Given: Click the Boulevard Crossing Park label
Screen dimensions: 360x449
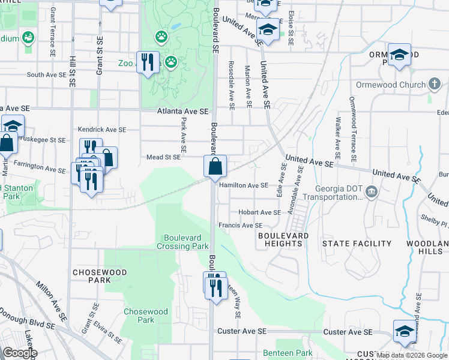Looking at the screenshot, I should pyautogui.click(x=182, y=242).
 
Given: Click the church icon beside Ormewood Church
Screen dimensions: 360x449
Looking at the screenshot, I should pyautogui.click(x=436, y=85).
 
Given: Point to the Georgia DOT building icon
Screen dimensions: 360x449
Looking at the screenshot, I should pyautogui.click(x=372, y=192).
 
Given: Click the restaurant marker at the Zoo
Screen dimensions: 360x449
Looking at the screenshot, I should pyautogui.click(x=148, y=62).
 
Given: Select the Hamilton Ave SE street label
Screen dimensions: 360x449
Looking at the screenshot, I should pyautogui.click(x=243, y=185).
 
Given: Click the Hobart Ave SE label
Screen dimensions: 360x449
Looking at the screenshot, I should pyautogui.click(x=259, y=212).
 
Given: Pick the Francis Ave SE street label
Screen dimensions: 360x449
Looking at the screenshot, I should pyautogui.click(x=240, y=226).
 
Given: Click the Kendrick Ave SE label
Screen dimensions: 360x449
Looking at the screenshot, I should pyautogui.click(x=101, y=129).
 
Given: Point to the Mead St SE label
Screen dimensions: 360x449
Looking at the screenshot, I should pyautogui.click(x=163, y=157).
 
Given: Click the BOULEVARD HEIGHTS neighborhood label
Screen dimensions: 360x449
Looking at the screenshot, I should pyautogui.click(x=283, y=240).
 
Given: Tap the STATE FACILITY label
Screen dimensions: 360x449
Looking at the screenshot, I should pyautogui.click(x=357, y=244).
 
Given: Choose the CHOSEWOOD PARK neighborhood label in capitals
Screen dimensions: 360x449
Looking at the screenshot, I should pyautogui.click(x=91, y=276).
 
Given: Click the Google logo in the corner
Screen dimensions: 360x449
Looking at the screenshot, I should pyautogui.click(x=20, y=353).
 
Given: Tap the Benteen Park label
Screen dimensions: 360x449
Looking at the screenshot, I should pyautogui.click(x=288, y=353).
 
